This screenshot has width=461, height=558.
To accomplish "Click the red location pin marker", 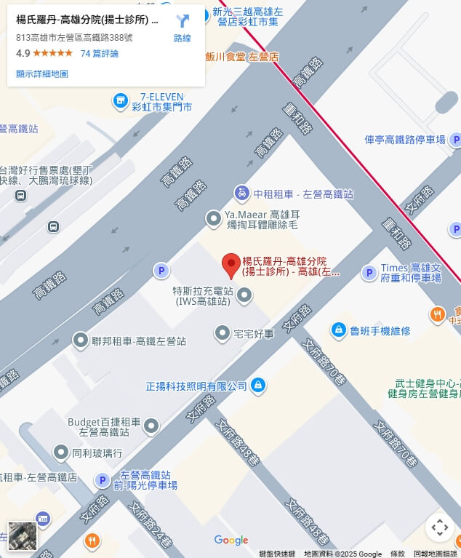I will [x=231, y=265].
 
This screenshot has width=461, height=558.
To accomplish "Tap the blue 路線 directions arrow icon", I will [x=183, y=22].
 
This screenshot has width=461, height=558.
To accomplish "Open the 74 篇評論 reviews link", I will [x=99, y=54].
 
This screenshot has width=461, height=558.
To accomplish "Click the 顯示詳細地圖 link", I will [x=42, y=73].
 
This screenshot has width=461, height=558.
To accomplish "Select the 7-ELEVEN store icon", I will [x=121, y=99].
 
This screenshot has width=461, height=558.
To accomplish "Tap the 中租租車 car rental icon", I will [x=241, y=194].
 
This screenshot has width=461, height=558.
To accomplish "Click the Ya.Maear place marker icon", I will [x=213, y=217].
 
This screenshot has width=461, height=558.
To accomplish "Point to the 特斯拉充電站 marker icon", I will [x=245, y=295].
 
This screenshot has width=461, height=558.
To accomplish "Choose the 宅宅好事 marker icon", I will [x=223, y=333].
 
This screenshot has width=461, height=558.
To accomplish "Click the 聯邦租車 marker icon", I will [x=81, y=340].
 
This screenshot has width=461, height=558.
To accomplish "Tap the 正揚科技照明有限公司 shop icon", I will [x=257, y=385].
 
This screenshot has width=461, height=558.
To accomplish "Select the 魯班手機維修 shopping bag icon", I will [x=338, y=330].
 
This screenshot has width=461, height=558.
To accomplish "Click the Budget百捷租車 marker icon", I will [x=151, y=426].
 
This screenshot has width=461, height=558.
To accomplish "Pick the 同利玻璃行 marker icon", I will [x=62, y=453].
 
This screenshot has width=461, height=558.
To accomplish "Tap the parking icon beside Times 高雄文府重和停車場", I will [x=369, y=272].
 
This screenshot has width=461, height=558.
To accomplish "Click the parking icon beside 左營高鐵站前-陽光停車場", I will [x=103, y=480].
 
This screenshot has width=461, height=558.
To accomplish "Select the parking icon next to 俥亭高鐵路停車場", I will [x=455, y=140].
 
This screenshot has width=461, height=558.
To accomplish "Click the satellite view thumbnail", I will [x=22, y=535].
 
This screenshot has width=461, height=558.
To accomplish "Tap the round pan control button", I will [x=439, y=527].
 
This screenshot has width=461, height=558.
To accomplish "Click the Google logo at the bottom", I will [x=231, y=540].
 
